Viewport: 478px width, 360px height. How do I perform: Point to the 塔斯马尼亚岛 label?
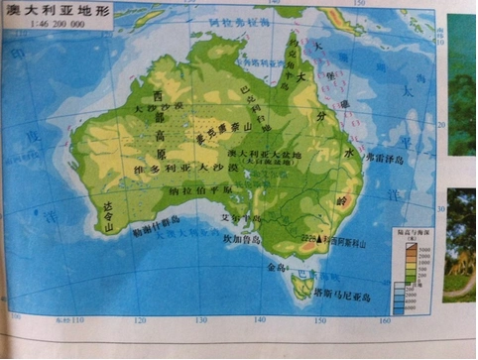click(340, 296)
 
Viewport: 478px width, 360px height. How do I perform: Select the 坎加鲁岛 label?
click(241, 239)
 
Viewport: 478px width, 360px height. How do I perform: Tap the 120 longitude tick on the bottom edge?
click(140, 320)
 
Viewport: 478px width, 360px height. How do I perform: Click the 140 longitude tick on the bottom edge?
click(260, 320)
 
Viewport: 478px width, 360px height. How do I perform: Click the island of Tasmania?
click(301, 287)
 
